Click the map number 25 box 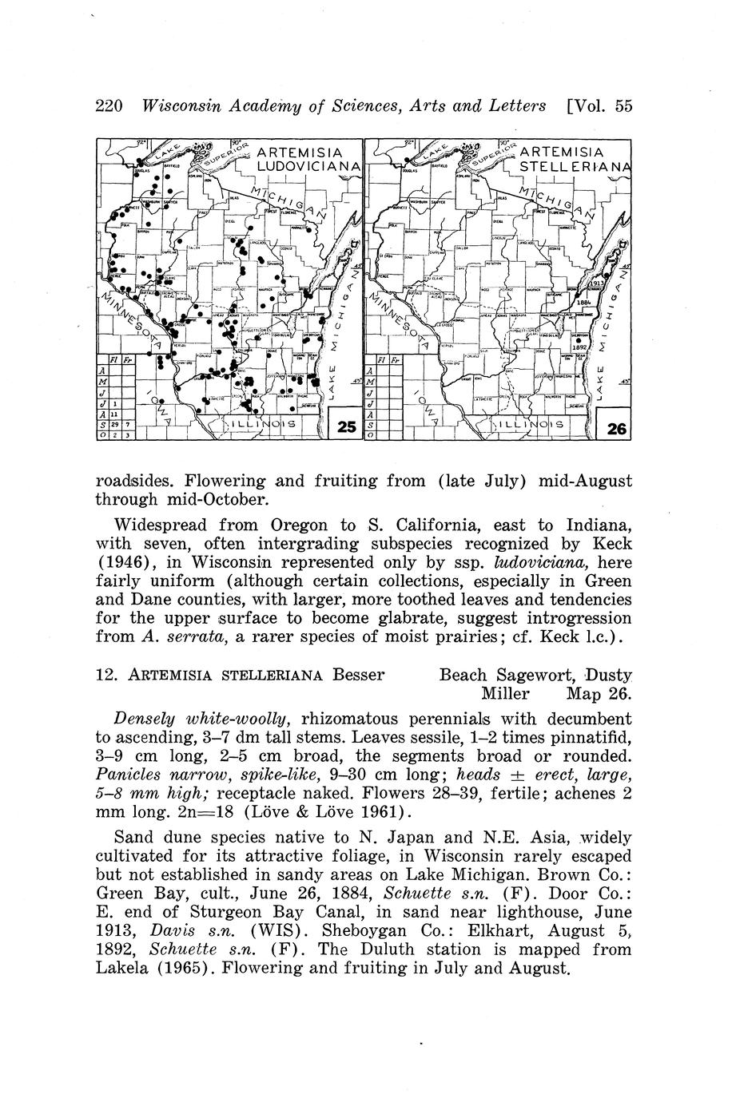click(x=346, y=427)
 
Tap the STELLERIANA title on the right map click(x=571, y=168)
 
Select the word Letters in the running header click(x=515, y=105)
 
